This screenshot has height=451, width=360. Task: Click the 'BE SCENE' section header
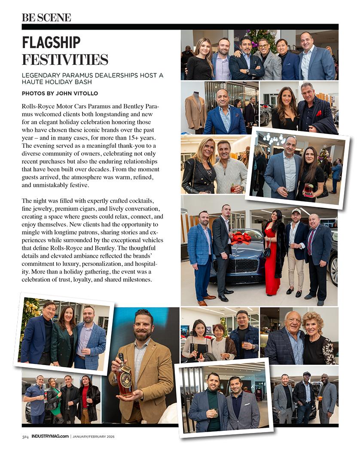46,17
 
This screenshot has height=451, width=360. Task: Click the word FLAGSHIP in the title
51,43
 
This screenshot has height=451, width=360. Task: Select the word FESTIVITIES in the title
65,59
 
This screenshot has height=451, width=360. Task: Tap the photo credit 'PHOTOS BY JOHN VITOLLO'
60,93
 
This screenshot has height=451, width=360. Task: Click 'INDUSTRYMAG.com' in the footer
50,437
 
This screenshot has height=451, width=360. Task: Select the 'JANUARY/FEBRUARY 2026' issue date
93,437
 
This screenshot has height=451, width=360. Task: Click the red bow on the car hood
241,236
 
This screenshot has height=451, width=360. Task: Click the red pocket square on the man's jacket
318,113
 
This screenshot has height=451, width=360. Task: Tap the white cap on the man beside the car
296,211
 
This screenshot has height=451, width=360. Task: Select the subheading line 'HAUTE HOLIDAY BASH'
55,82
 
